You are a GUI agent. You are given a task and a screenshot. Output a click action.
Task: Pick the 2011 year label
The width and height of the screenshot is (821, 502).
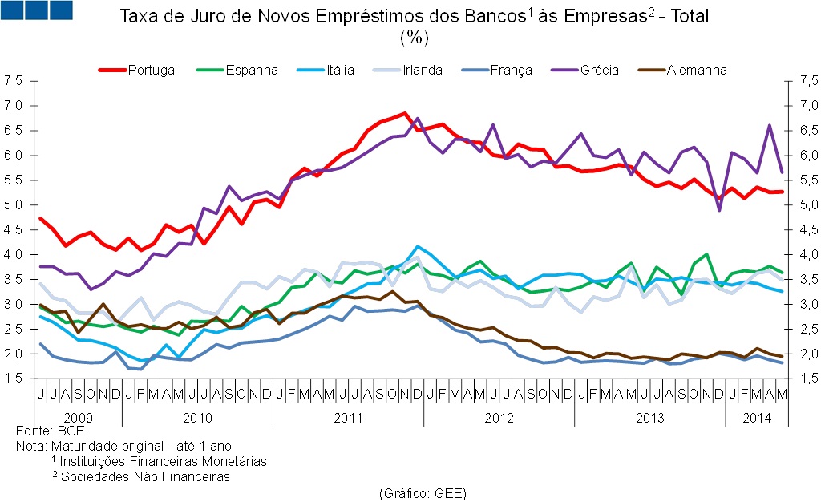pos(348,418)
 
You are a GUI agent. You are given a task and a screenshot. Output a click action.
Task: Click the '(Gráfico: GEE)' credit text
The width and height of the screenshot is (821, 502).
pos(422,492)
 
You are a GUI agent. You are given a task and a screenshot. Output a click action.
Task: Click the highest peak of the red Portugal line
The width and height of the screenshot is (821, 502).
pos(404,113)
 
